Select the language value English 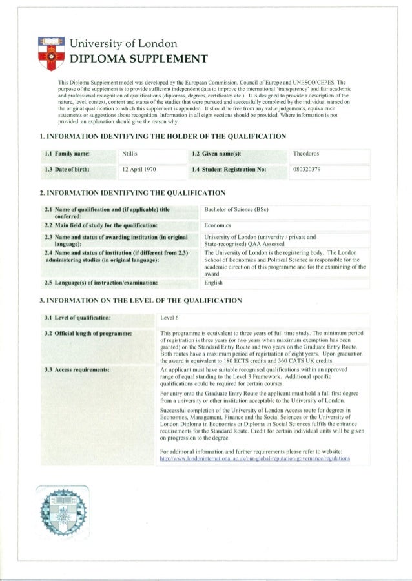point(214,282)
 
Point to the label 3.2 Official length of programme point(88,333)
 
